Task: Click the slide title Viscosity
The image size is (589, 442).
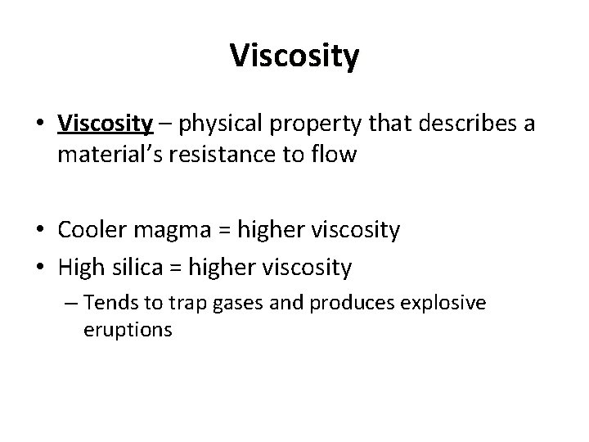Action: coord(294,56)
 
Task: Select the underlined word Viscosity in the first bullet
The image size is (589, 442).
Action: coord(106,124)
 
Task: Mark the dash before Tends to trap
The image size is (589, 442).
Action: coord(71,304)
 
